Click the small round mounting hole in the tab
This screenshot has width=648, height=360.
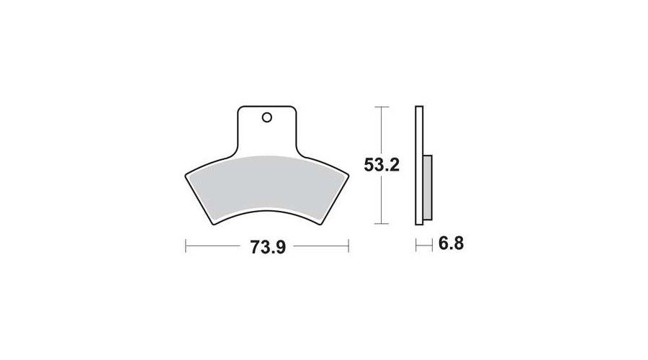[267, 118]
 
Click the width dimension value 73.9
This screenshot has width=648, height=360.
[268, 247]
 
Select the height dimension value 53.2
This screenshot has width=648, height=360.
[382, 165]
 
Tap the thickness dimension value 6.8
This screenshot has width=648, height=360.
[451, 243]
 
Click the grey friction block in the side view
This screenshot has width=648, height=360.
[428, 187]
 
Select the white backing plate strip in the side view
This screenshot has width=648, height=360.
[419, 166]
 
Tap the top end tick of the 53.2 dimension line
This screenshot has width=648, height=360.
[382, 107]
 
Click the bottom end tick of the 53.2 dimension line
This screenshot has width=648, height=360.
[382, 224]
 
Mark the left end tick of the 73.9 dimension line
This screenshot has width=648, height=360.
[186, 246]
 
